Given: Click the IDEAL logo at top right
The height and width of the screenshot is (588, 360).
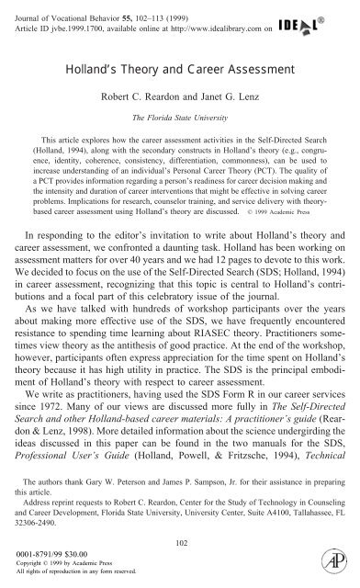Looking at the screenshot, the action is point(317,17).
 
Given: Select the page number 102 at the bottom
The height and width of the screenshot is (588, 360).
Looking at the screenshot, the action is point(179,542).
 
